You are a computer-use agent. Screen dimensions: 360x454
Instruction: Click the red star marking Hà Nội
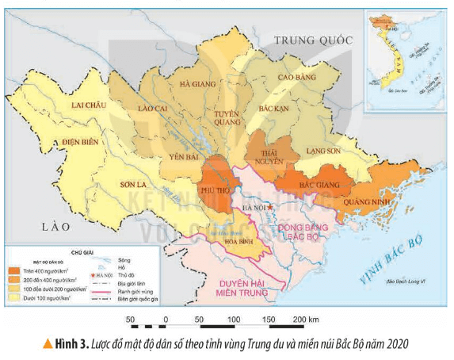[270, 208]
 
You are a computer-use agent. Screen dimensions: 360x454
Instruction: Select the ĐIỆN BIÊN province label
[71, 143]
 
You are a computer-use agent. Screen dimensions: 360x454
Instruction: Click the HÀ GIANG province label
[197, 83]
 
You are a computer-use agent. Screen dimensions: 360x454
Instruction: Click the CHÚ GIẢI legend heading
[82, 252]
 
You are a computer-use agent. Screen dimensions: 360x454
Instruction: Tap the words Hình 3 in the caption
[73, 343]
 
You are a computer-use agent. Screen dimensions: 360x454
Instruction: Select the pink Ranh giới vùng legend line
[102, 291]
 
